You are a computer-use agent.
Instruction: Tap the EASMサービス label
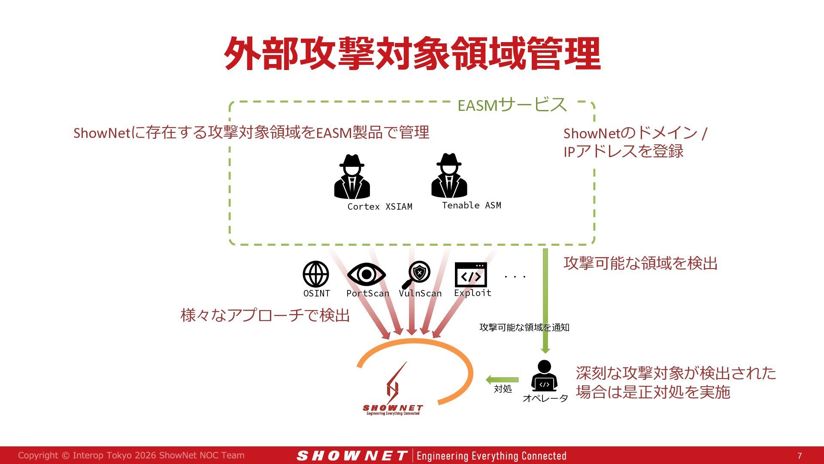(x=512, y=105)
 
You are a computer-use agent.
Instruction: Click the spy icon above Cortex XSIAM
(x=352, y=177)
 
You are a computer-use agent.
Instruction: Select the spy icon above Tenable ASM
(x=449, y=176)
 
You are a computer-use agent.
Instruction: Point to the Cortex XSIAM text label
(x=380, y=207)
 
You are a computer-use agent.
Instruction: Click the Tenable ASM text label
(x=472, y=205)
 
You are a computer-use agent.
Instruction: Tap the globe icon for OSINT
(x=316, y=274)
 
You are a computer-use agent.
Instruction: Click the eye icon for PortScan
(x=367, y=274)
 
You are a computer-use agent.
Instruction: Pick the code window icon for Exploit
(x=471, y=275)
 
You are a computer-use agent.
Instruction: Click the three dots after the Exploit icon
(x=515, y=277)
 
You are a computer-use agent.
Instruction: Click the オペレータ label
(x=545, y=398)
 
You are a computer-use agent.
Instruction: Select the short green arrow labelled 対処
(x=502, y=380)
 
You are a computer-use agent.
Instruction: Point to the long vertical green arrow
(x=545, y=301)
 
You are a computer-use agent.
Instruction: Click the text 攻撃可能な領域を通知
(x=524, y=327)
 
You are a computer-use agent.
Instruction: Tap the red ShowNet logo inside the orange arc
(x=393, y=389)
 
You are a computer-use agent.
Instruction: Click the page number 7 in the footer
(x=800, y=456)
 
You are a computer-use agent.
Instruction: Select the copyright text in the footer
(x=131, y=455)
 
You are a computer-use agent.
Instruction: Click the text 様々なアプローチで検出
(x=265, y=315)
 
